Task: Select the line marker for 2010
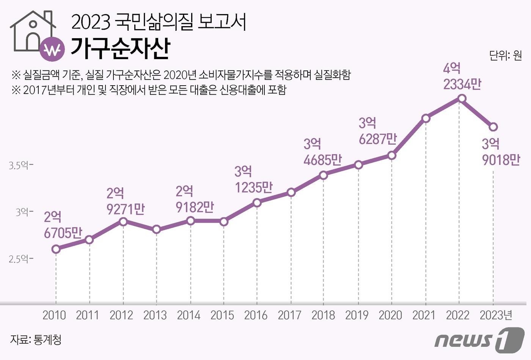(x=56, y=249)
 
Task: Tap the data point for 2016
(x=257, y=203)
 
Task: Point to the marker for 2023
(x=493, y=127)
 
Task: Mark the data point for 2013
(x=157, y=229)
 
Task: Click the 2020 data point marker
(x=392, y=155)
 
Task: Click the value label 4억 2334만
(x=462, y=76)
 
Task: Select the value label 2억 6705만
(x=63, y=225)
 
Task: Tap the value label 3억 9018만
(x=501, y=152)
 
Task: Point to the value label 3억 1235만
(x=253, y=179)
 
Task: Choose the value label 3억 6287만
(x=377, y=131)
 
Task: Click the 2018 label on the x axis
(x=323, y=315)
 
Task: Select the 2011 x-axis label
(x=87, y=315)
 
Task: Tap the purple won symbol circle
(x=52, y=49)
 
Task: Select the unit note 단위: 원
(x=505, y=55)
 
